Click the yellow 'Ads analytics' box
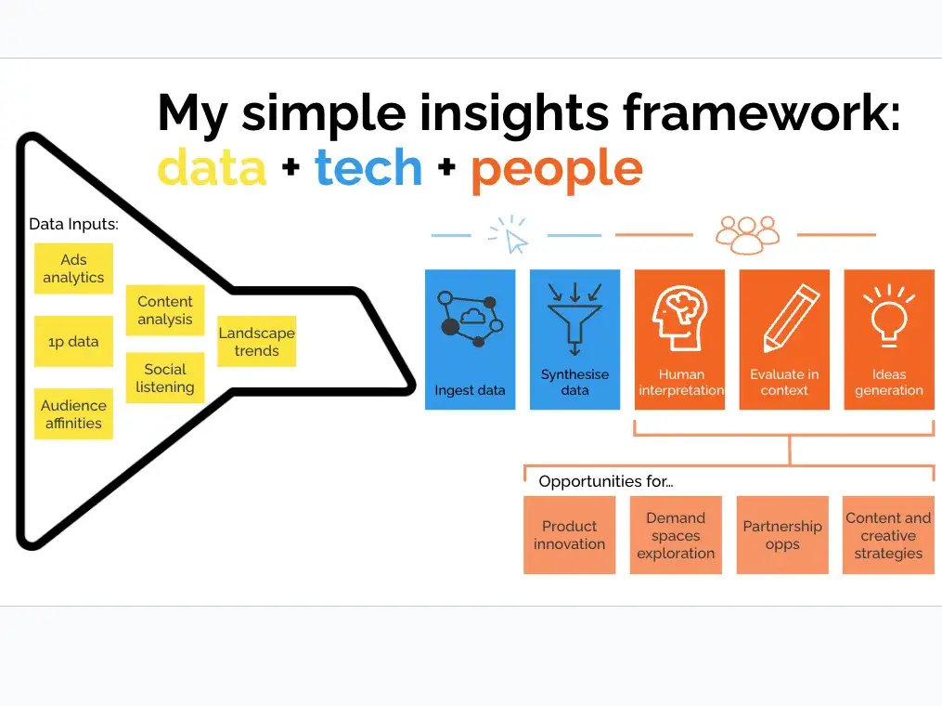pyautogui.click(x=73, y=268)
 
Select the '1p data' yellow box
pyautogui.click(x=73, y=341)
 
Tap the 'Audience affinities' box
pyautogui.click(x=73, y=413)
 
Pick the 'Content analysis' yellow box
pyautogui.click(x=165, y=309)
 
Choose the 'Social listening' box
pyautogui.click(x=165, y=378)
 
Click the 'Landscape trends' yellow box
pyautogui.click(x=256, y=341)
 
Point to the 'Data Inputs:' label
pyautogui.click(x=73, y=224)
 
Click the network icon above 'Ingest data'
pyautogui.click(x=471, y=319)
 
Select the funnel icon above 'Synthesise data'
pyautogui.click(x=574, y=318)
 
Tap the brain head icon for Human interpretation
pyautogui.click(x=679, y=318)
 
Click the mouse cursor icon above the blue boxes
pyautogui.click(x=510, y=235)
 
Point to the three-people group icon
pyautogui.click(x=747, y=234)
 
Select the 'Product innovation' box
pyautogui.click(x=570, y=535)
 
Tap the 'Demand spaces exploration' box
pyautogui.click(x=676, y=535)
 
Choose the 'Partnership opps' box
pyautogui.click(x=782, y=535)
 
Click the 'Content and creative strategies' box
pyautogui.click(x=888, y=535)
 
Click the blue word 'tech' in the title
pyautogui.click(x=368, y=167)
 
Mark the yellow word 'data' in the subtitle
pyautogui.click(x=212, y=167)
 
